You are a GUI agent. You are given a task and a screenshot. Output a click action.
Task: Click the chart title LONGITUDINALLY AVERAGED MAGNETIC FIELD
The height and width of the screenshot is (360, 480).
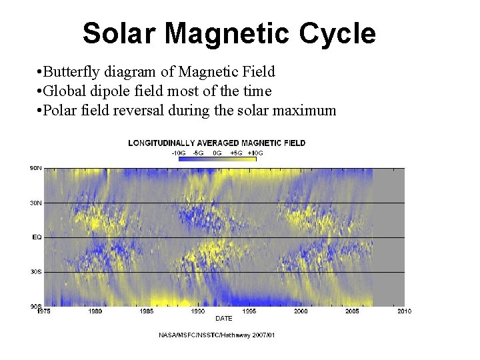(x=217, y=143)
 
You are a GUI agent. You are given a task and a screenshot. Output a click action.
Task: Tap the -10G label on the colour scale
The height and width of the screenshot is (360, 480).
(x=178, y=153)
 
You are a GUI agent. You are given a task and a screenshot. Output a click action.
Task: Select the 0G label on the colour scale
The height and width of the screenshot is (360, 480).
(x=217, y=153)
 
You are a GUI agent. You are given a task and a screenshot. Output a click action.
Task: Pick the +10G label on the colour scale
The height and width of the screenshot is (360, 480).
(x=255, y=153)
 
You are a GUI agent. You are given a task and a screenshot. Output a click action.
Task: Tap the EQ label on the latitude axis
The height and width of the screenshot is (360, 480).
(x=37, y=237)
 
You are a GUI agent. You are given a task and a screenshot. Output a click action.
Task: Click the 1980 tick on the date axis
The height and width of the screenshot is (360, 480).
(x=95, y=311)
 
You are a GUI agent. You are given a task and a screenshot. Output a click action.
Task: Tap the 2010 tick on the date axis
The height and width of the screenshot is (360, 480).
(x=404, y=311)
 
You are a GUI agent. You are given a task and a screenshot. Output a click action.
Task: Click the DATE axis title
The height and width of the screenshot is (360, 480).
(x=224, y=318)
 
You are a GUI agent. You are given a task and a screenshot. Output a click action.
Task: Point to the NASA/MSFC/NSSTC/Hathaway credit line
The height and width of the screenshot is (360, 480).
(x=217, y=334)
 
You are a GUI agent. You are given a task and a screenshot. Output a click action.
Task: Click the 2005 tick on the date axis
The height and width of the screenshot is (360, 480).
(x=352, y=311)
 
